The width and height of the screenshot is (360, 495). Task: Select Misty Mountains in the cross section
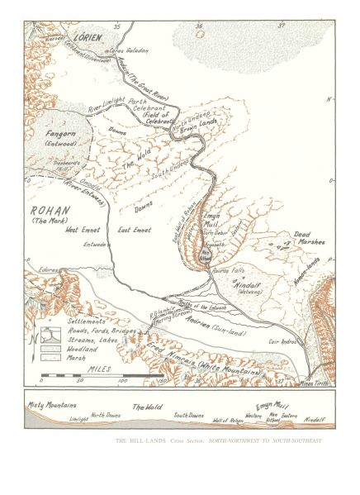click(52, 405)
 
